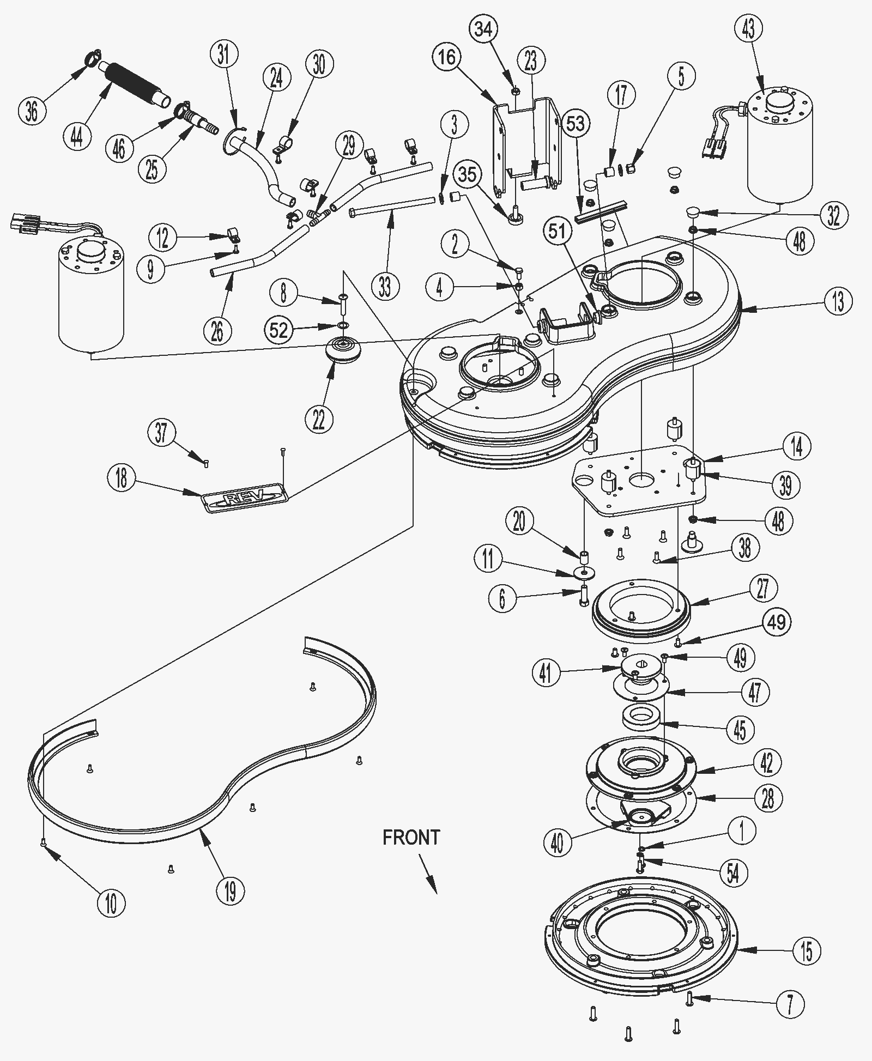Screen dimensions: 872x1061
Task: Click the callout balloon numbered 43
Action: pyautogui.click(x=748, y=28)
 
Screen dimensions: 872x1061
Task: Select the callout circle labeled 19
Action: pyautogui.click(x=231, y=892)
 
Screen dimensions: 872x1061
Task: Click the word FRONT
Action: pyautogui.click(x=411, y=837)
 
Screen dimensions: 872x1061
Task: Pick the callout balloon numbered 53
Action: pyautogui.click(x=576, y=124)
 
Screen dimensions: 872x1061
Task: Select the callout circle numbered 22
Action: pyautogui.click(x=319, y=419)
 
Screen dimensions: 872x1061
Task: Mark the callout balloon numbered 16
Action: pyautogui.click(x=447, y=57)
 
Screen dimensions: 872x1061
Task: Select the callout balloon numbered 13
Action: pyautogui.click(x=838, y=301)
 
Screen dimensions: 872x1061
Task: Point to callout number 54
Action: pyautogui.click(x=733, y=872)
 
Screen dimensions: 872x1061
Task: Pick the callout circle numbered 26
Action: pyautogui.click(x=217, y=331)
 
